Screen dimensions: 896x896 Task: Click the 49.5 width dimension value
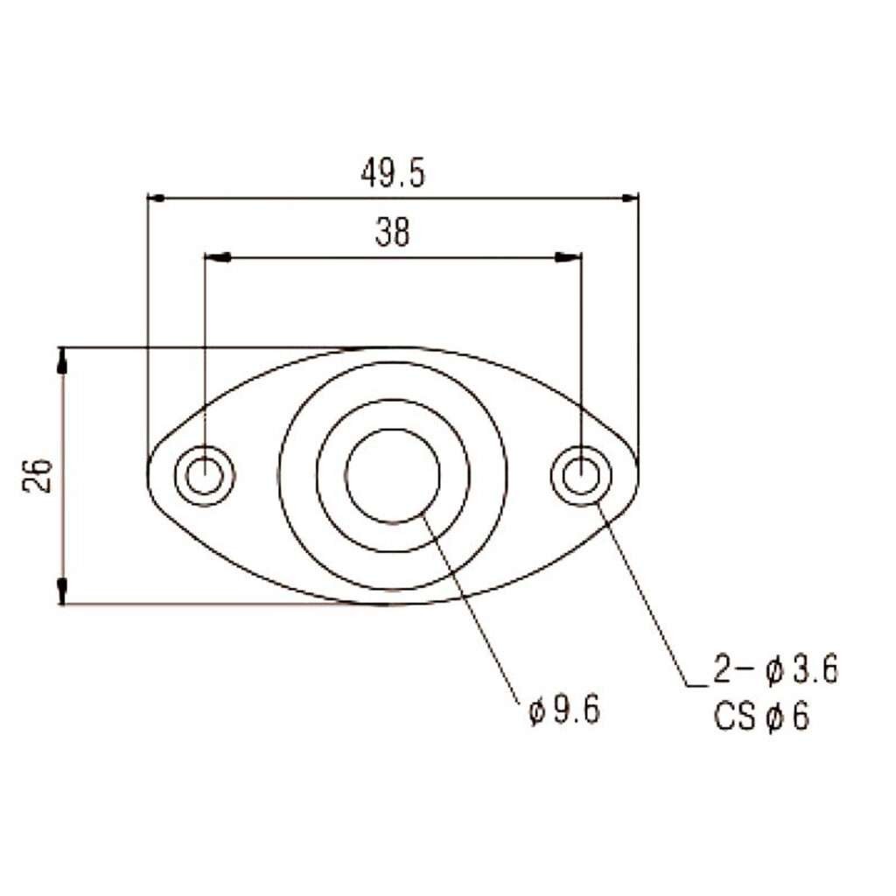click(393, 174)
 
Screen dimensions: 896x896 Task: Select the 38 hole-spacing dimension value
click(393, 233)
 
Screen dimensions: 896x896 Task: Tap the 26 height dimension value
click(38, 475)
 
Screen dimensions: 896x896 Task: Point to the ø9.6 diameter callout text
click(564, 710)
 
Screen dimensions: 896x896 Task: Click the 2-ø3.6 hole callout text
click(775, 669)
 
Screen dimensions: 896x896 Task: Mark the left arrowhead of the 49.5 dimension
click(156, 198)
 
